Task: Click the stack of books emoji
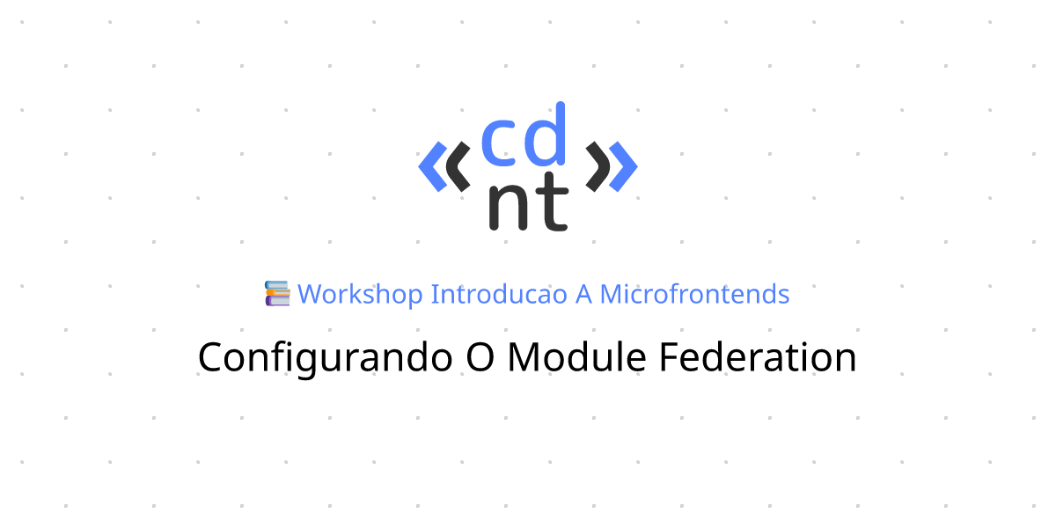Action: (277, 293)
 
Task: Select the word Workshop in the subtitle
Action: (360, 295)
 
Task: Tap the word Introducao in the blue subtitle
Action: (499, 294)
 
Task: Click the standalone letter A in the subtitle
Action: (583, 295)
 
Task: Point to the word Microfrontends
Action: (694, 294)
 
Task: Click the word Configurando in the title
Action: (326, 358)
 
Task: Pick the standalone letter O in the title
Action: (480, 357)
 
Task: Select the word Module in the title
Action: (576, 356)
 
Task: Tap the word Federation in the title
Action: (757, 356)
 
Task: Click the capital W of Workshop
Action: (313, 295)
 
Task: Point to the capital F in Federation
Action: (669, 357)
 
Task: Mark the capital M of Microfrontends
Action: (612, 295)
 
